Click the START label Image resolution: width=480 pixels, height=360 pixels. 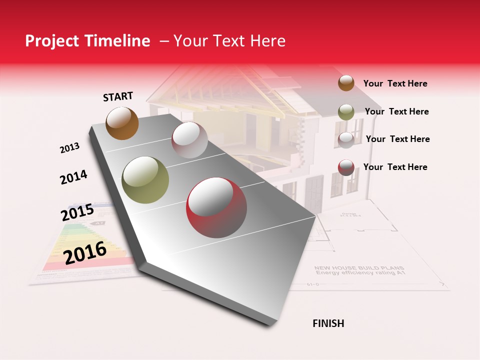pos(118,96)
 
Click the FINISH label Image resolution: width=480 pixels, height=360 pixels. pos(328,323)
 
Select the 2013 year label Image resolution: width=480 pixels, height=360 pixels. pos(69,148)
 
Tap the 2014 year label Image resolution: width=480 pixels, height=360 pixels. pos(73,177)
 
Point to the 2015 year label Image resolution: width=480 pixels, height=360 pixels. pos(77,212)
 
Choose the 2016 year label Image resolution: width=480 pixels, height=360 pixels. pos(85,252)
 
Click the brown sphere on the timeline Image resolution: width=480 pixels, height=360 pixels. pos(122,123)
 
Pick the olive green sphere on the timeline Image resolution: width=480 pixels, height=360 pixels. pos(145,180)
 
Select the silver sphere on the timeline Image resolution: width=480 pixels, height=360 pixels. pos(189,140)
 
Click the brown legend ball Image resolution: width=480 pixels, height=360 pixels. pos(346,83)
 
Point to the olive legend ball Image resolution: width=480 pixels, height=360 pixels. pos(346,112)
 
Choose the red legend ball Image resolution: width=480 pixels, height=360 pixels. pos(346,167)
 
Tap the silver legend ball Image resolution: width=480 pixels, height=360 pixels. pos(346,139)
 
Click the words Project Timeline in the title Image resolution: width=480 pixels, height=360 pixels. pos(87,41)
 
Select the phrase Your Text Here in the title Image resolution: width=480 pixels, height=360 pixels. pos(229,41)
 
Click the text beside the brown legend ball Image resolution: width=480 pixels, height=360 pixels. pos(395,83)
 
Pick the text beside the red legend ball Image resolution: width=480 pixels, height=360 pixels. pos(395,167)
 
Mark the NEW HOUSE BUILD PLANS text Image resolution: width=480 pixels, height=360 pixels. pos(359,268)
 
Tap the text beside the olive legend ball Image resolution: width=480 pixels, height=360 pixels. pos(396,111)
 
